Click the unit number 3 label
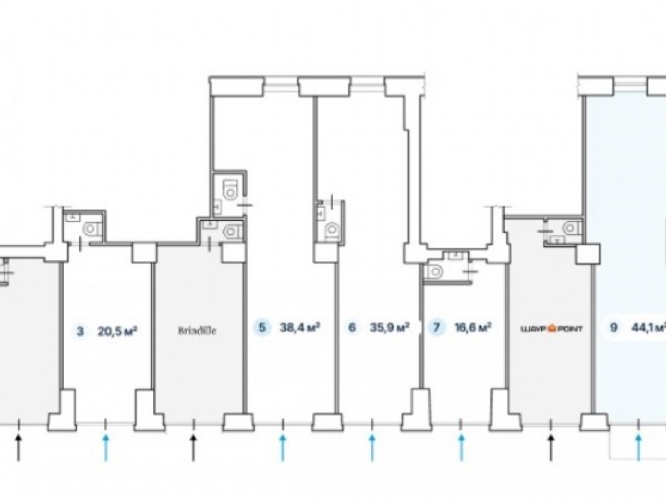pyautogui.click(x=81, y=329)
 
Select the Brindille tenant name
pyautogui.click(x=198, y=329)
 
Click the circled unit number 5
pyautogui.click(x=262, y=327)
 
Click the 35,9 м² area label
pyautogui.click(x=388, y=327)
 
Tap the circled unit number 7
pyautogui.click(x=436, y=327)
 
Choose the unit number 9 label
pyautogui.click(x=612, y=327)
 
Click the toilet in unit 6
pyautogui.click(x=330, y=230)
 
